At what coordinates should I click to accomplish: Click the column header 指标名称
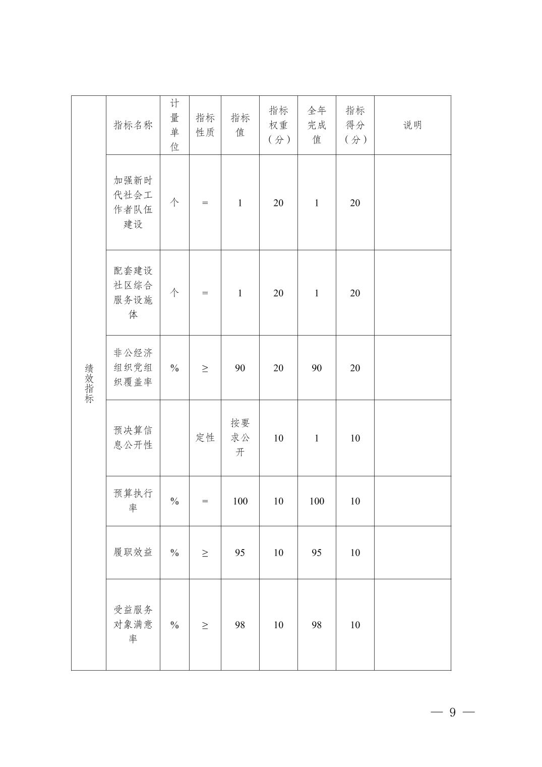click(133, 125)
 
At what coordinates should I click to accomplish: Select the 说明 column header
click(412, 125)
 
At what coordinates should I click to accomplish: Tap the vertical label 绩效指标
click(89, 383)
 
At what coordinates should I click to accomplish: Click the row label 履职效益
click(133, 552)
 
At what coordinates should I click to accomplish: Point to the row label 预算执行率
click(133, 501)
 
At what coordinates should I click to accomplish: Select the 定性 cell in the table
click(205, 437)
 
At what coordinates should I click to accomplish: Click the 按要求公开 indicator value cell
click(240, 437)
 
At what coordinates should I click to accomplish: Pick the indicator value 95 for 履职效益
click(240, 553)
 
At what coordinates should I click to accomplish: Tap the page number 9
click(452, 712)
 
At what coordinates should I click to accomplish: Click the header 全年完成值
click(317, 125)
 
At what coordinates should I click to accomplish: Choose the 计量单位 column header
click(174, 125)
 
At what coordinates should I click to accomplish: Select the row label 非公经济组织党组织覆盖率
click(133, 367)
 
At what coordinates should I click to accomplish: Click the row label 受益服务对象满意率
click(133, 624)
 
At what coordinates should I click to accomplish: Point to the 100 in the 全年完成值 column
click(317, 501)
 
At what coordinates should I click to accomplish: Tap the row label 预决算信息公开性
click(133, 437)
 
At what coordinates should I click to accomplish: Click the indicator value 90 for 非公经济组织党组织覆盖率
click(240, 368)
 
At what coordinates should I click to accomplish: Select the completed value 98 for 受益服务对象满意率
click(317, 625)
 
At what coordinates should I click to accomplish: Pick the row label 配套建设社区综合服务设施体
click(133, 293)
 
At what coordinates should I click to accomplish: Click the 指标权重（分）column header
click(278, 125)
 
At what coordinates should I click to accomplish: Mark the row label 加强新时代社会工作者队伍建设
click(133, 202)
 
